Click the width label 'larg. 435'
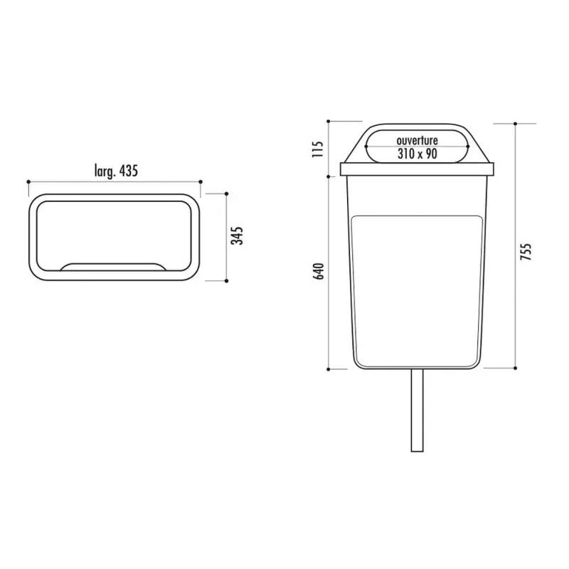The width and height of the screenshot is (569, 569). pyautogui.click(x=115, y=171)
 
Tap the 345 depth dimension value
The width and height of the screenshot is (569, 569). pyautogui.click(x=240, y=235)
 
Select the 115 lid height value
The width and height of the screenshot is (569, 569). pyautogui.click(x=318, y=148)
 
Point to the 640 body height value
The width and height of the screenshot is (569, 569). pyautogui.click(x=318, y=272)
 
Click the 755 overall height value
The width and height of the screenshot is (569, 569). pyautogui.click(x=526, y=252)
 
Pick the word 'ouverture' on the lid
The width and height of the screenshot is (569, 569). pyautogui.click(x=417, y=141)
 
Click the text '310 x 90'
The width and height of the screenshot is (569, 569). pyautogui.click(x=417, y=154)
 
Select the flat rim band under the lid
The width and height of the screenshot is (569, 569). pyautogui.click(x=418, y=169)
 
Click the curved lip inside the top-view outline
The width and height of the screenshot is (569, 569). pyautogui.click(x=115, y=266)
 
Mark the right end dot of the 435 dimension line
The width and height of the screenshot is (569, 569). pyautogui.click(x=203, y=181)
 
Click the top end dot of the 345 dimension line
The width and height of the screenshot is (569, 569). pyautogui.click(x=227, y=193)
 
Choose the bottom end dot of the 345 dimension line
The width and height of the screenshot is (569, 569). pyautogui.click(x=227, y=281)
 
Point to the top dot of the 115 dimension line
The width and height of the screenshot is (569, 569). pyautogui.click(x=329, y=122)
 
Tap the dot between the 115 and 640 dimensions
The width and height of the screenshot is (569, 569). pyautogui.click(x=329, y=176)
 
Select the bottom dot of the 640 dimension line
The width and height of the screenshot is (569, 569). pyautogui.click(x=329, y=369)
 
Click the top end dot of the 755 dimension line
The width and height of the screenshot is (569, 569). pyautogui.click(x=515, y=122)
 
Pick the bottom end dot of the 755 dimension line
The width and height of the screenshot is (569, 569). pyautogui.click(x=515, y=368)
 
